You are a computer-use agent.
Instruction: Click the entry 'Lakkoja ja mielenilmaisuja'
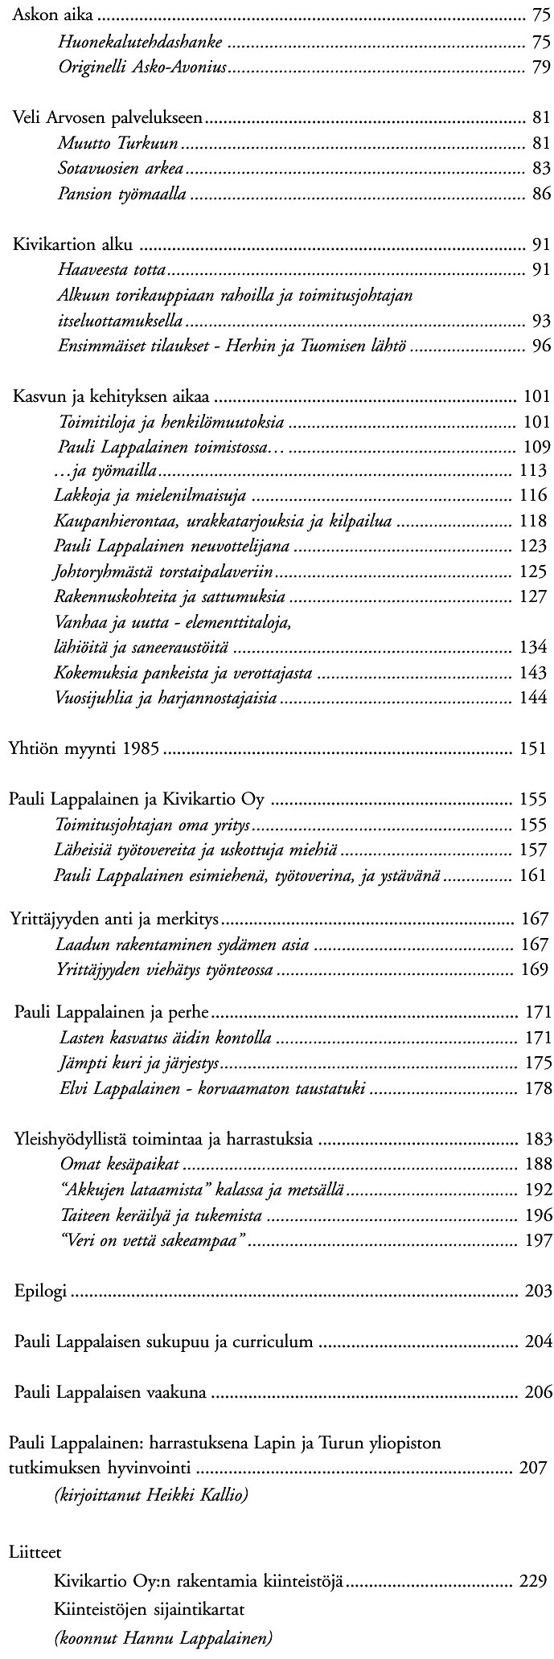point(150,496)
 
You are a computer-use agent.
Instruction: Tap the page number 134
point(534,647)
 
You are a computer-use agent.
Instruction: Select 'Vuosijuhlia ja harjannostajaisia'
point(166,698)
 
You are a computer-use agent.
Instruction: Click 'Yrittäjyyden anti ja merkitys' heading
point(114,919)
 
